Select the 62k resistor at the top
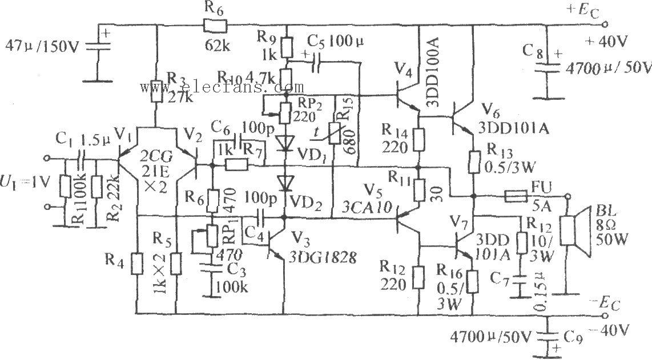tap(216, 25)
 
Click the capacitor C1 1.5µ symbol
tap(82, 157)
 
